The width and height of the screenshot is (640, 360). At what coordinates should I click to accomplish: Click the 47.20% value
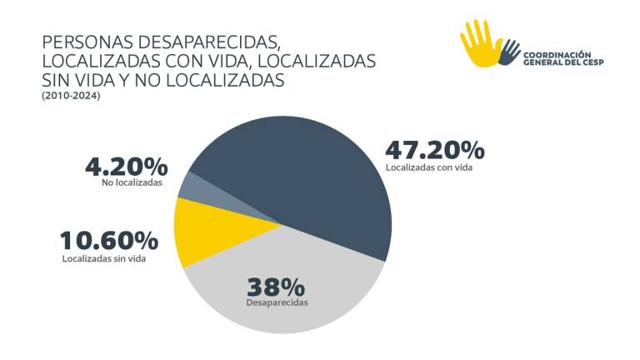point(434,150)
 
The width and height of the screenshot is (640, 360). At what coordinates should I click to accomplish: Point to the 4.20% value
point(126,166)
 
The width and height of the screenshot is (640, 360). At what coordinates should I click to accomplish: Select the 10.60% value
point(108,241)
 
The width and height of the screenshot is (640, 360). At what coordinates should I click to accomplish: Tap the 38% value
point(277,287)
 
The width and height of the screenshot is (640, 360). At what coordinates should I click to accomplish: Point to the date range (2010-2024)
point(70,96)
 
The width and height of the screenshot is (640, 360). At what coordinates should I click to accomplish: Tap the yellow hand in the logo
point(480,43)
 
